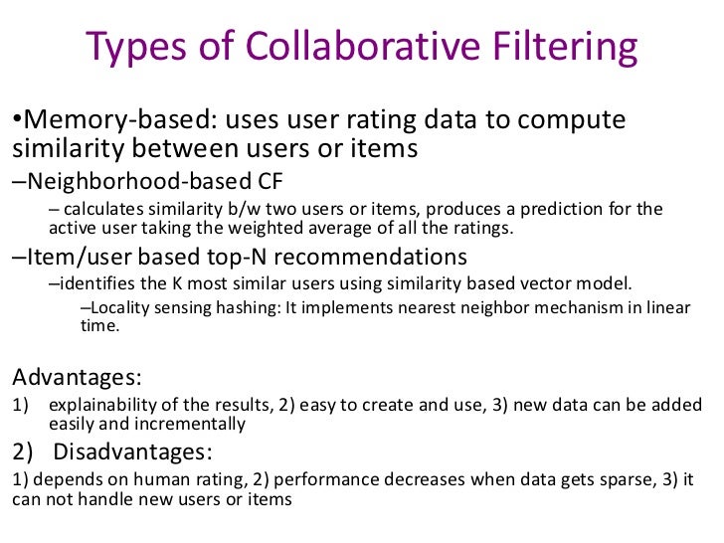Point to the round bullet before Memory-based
tap(17, 120)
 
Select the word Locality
tap(116, 308)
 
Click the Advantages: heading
tap(77, 378)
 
